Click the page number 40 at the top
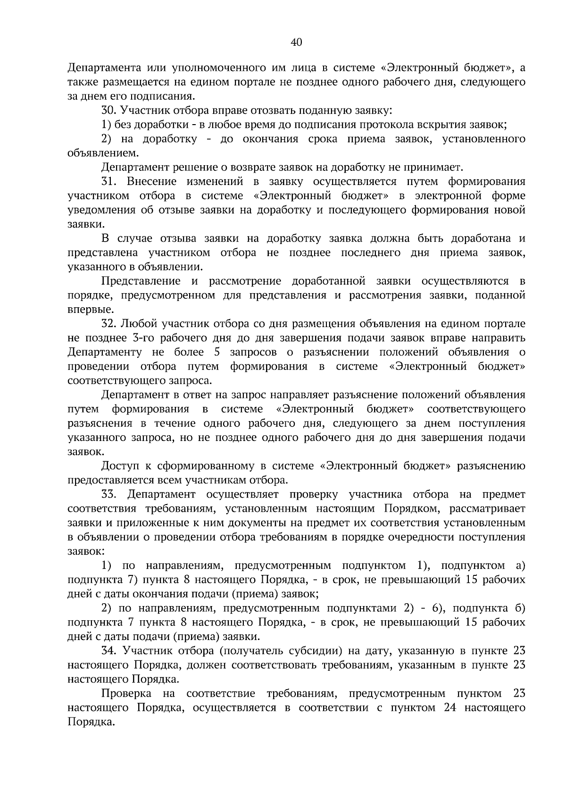(296, 42)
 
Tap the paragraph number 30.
(108, 110)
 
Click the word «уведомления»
(100, 210)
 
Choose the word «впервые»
(83, 310)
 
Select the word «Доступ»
(118, 466)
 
